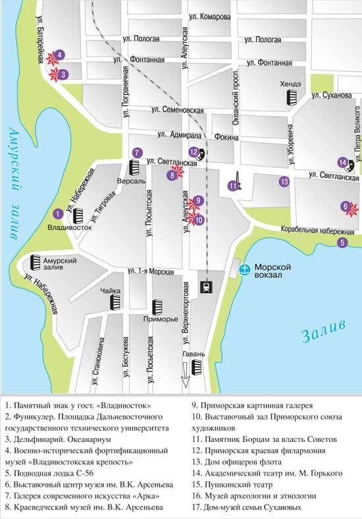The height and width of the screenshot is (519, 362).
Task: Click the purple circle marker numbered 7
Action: pos(136,152)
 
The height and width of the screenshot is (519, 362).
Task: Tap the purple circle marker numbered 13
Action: pos(284,182)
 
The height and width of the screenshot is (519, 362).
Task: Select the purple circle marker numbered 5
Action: pos(342,242)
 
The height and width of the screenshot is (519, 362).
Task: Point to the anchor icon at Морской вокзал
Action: pos(244,269)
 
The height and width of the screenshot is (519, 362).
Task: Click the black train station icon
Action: pos(205,287)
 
